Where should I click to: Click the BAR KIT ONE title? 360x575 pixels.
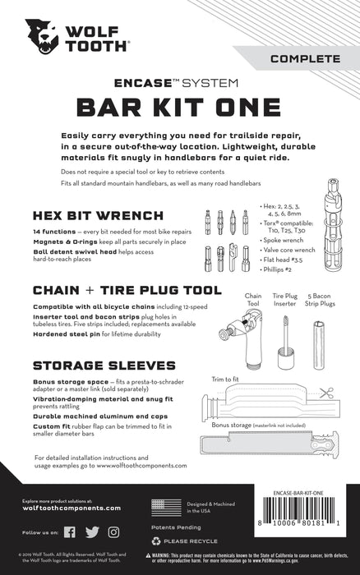[180, 108]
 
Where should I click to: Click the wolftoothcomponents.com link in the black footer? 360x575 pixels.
[72, 508]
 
